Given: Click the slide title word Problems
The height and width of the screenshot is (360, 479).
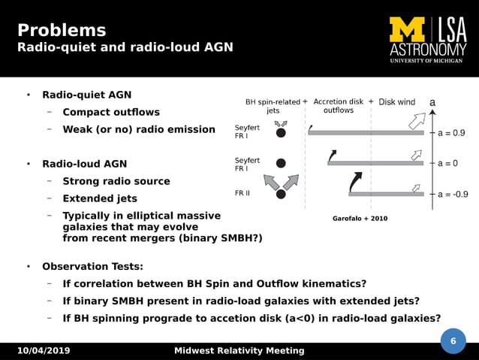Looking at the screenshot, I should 62,31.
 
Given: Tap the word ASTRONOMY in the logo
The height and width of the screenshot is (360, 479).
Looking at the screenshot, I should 427,50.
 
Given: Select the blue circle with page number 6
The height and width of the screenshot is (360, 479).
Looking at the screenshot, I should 453,341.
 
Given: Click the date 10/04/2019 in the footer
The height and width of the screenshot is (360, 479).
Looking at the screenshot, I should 44,351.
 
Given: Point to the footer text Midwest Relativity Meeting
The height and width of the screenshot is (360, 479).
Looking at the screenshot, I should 239,351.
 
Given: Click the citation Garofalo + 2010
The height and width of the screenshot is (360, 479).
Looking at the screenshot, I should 360,219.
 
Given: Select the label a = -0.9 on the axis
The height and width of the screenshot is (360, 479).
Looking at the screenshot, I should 453,194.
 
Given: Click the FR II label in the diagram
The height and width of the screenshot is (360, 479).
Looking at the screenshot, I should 243,193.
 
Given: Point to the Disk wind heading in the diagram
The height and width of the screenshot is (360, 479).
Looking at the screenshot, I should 396,102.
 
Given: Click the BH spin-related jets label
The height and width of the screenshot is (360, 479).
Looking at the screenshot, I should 273,106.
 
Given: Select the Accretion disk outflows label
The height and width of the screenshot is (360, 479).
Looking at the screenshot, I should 338,106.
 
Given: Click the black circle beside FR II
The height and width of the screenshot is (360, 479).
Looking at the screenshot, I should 281,194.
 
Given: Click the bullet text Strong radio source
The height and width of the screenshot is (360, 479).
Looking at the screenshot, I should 116,181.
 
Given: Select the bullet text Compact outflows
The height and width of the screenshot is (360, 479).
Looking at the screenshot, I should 110,112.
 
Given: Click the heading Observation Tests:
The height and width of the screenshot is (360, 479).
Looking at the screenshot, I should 92,266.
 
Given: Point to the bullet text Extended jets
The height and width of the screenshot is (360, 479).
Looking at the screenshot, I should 99,198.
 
